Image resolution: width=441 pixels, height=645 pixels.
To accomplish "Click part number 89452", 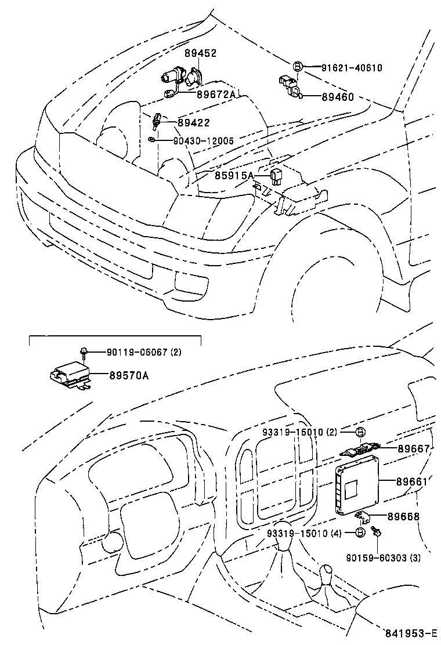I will [201, 53].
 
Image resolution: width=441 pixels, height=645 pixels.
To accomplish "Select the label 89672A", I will [216, 95].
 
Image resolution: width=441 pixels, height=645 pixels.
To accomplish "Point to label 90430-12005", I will [203, 141].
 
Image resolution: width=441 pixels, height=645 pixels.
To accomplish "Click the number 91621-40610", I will [352, 68].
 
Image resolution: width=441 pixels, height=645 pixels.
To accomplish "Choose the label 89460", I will [338, 97].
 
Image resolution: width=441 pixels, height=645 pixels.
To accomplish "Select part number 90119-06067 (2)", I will [144, 352].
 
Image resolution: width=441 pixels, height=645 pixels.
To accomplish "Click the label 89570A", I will [129, 375].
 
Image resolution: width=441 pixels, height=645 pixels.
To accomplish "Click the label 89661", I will [413, 481].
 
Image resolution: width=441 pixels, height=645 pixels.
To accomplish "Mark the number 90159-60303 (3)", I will [384, 558].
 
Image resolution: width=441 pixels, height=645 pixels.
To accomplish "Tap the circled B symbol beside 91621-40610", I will [298, 67].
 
